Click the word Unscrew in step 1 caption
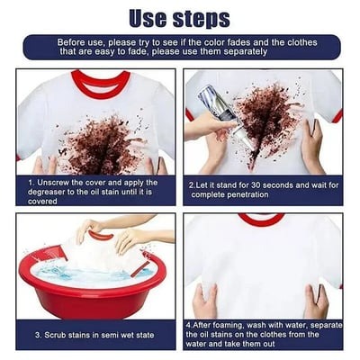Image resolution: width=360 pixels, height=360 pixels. [x=61, y=181]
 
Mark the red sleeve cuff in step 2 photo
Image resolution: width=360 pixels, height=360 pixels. [x=337, y=115]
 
